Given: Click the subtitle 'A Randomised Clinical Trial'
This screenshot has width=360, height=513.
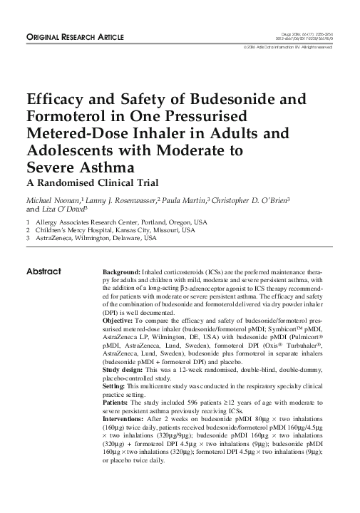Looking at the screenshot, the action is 77,182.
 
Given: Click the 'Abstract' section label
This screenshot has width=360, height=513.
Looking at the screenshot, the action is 43,271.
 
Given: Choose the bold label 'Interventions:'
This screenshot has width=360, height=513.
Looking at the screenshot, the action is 123,421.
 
